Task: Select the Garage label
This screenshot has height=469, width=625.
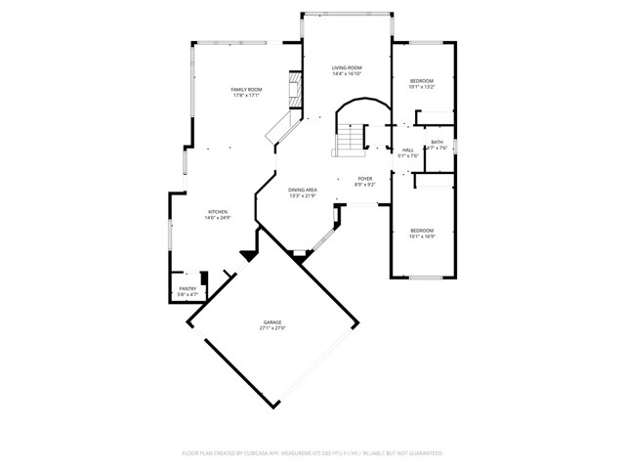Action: (x=271, y=322)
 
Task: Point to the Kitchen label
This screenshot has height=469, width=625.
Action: (x=217, y=212)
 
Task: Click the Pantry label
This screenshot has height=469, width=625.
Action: (x=187, y=288)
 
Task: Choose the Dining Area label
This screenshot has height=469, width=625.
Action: (x=303, y=190)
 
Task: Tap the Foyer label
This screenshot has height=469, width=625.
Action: (x=364, y=179)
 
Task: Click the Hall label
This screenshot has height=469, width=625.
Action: (x=408, y=150)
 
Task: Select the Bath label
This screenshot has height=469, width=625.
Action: (x=437, y=143)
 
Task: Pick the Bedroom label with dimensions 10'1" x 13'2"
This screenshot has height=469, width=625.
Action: (x=421, y=80)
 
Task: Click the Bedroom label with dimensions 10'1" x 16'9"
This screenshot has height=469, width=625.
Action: (x=421, y=230)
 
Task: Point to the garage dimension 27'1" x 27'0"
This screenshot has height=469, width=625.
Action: (x=271, y=328)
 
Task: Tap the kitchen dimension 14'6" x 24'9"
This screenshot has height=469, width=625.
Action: (x=217, y=218)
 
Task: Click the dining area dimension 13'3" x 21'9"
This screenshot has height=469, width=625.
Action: (x=303, y=195)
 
